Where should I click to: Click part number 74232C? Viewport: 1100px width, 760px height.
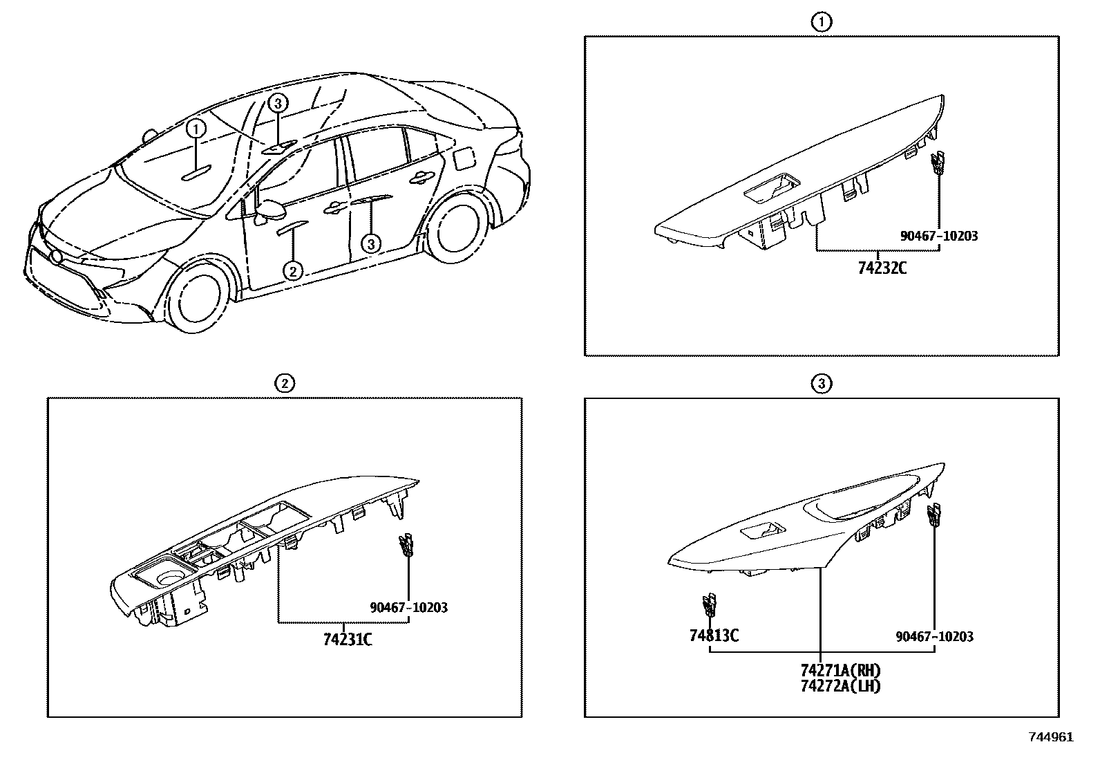(x=882, y=266)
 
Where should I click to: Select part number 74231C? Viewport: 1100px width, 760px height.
(x=348, y=639)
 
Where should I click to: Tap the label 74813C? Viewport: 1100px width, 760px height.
(x=713, y=635)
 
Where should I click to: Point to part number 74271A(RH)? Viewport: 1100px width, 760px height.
(x=841, y=670)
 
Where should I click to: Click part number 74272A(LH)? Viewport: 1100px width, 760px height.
(x=841, y=685)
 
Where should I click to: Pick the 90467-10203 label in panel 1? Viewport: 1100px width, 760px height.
(x=939, y=236)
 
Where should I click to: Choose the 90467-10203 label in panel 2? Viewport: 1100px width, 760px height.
(x=408, y=608)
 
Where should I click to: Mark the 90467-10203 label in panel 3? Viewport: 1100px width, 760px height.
(x=934, y=636)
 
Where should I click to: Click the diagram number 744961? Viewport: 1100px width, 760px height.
(x=1051, y=737)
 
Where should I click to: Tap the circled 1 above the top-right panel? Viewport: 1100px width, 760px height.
(x=821, y=22)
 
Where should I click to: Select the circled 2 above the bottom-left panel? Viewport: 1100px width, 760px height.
(x=284, y=383)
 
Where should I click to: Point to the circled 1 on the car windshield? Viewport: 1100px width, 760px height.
(x=196, y=128)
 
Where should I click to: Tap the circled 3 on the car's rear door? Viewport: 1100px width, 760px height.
(x=371, y=243)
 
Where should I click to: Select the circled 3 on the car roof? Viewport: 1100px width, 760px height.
(x=276, y=104)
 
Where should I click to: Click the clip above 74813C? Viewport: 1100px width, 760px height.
(x=708, y=604)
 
